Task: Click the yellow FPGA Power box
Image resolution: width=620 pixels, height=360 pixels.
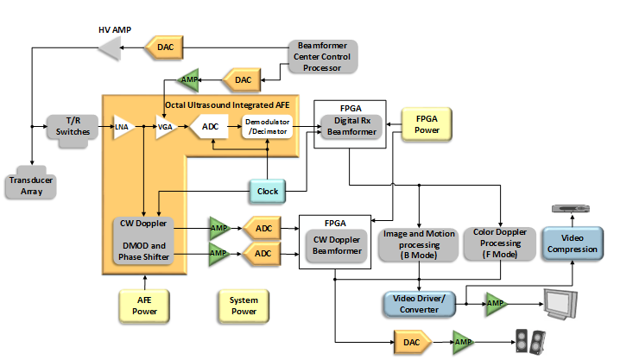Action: coord(427,123)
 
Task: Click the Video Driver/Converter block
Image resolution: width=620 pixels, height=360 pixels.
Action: coord(418,304)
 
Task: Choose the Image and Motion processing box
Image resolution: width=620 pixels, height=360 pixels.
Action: coord(418,243)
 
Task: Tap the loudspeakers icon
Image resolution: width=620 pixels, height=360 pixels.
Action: coord(529,343)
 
